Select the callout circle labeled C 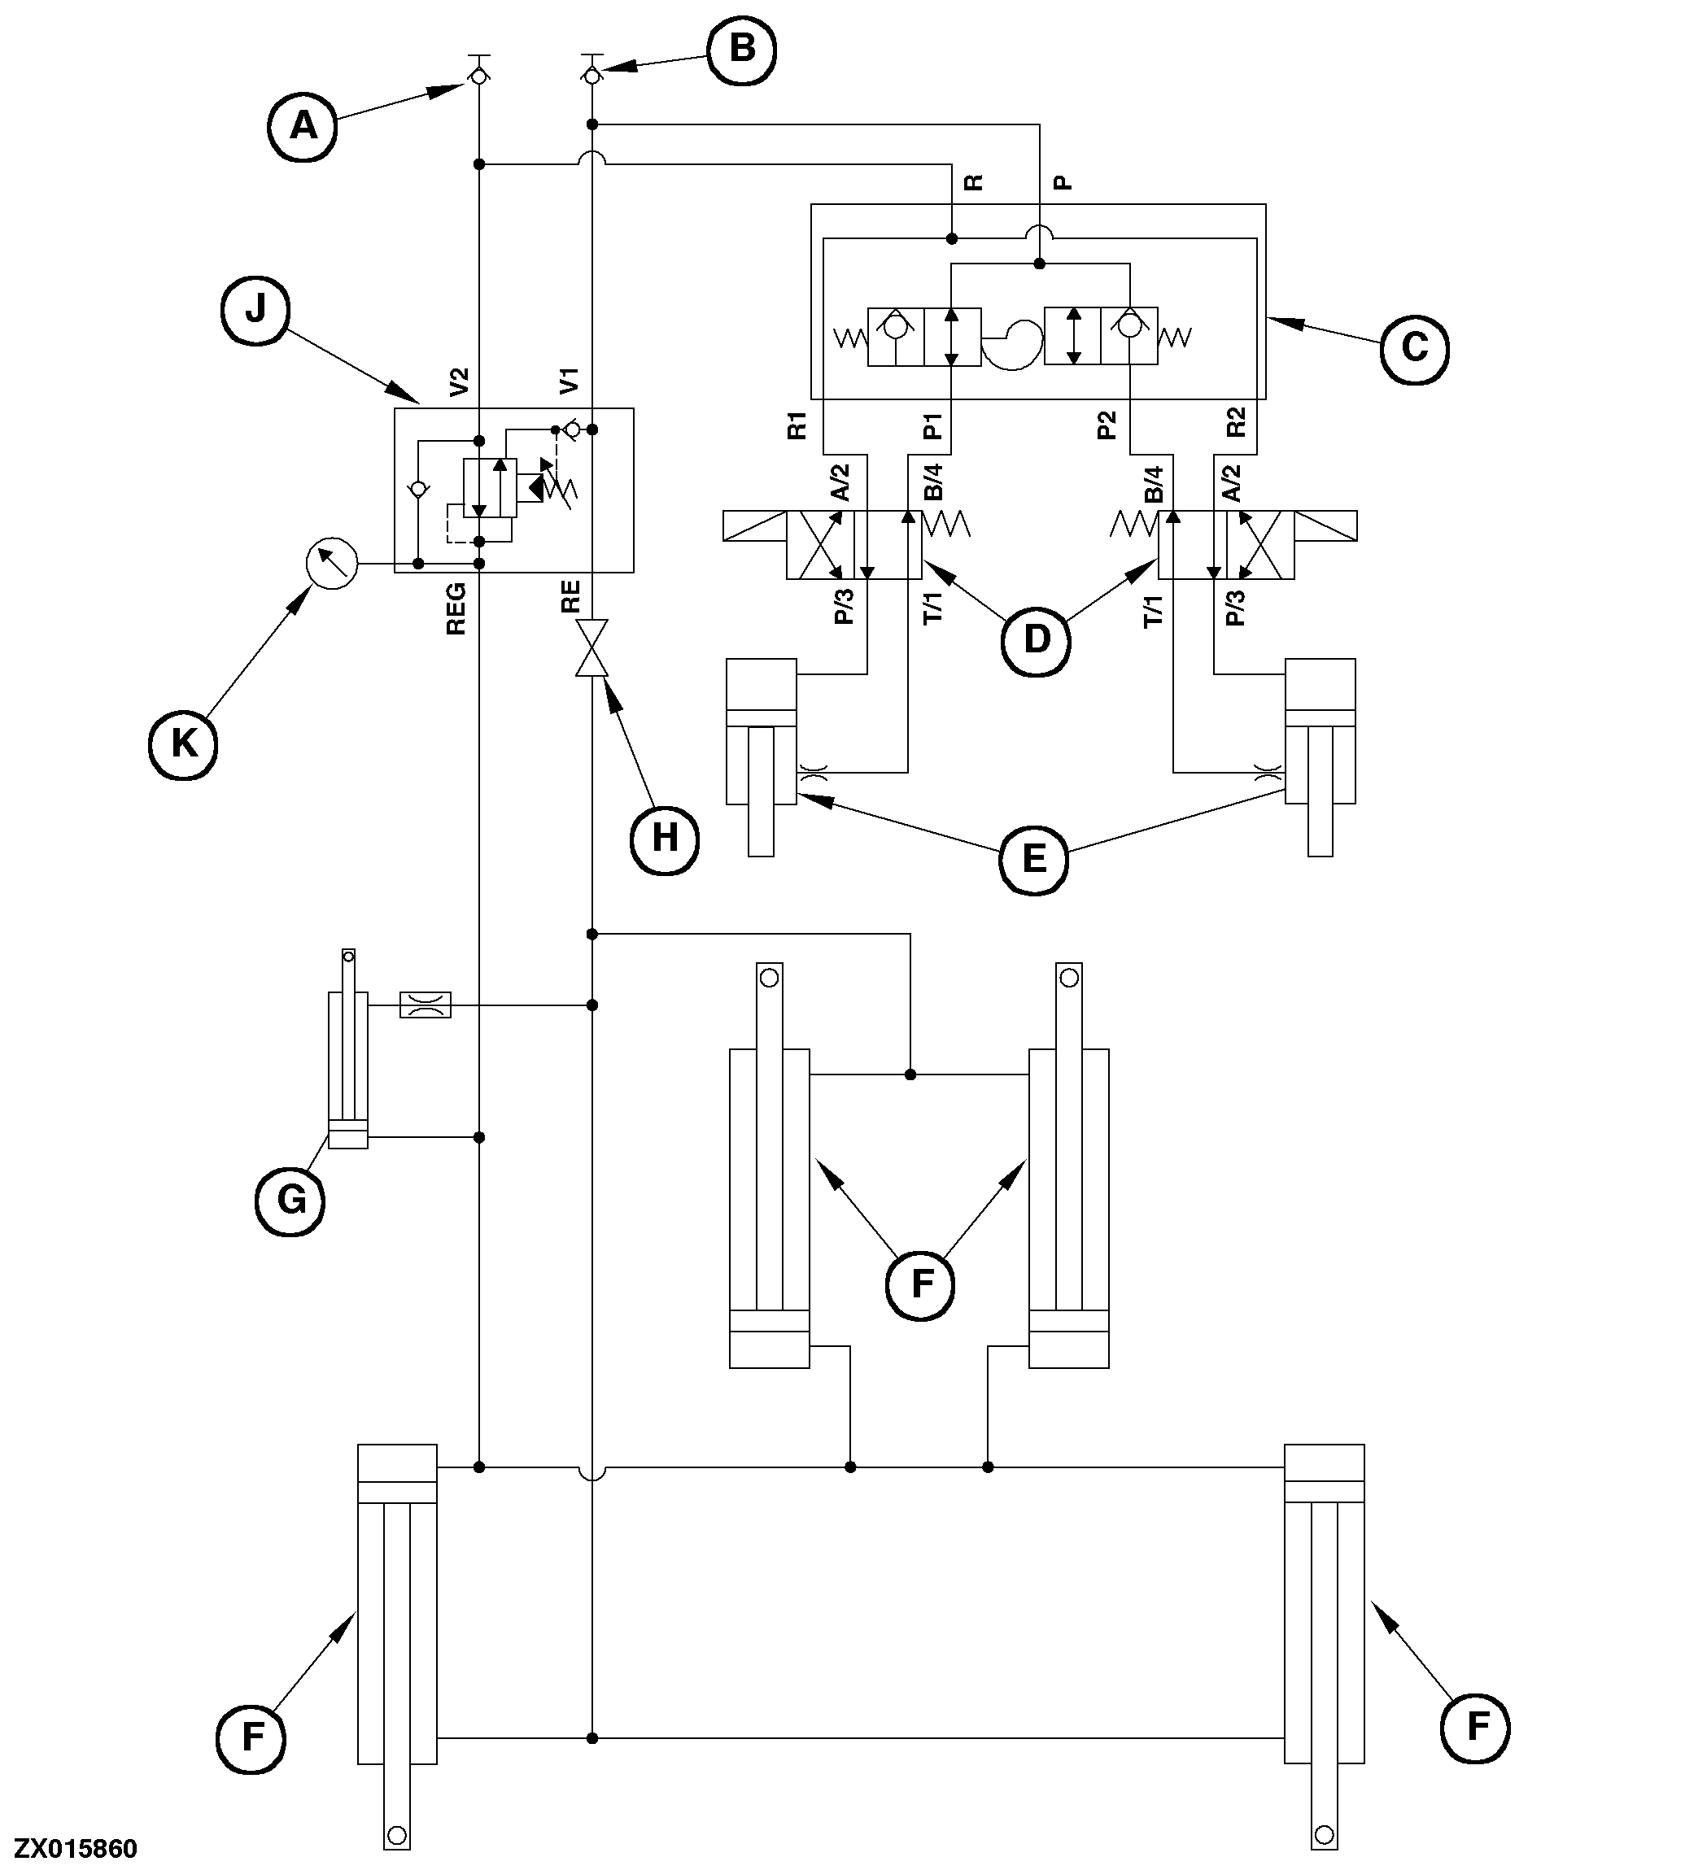coord(1415,349)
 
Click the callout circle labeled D coord(1037,639)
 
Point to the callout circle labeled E coord(1033,859)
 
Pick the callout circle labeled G coord(290,1201)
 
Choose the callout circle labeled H coord(665,839)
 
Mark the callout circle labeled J coord(255,310)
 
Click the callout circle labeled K coord(183,744)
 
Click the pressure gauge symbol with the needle coord(331,563)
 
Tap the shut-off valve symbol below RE coord(591,648)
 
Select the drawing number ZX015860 coord(76,1849)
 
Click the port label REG coord(456,608)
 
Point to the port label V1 coord(570,381)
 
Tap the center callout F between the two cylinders coord(921,1284)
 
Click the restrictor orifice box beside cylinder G coord(425,1005)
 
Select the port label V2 coord(459,381)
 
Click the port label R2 coord(1236,423)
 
